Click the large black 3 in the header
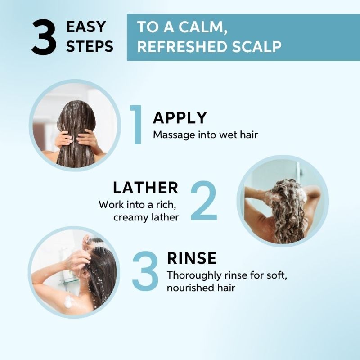(44, 37)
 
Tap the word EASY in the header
(86, 27)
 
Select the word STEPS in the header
(90, 46)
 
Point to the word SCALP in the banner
(256, 47)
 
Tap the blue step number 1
(136, 125)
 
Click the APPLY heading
(180, 118)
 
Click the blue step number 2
(204, 200)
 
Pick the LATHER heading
(145, 188)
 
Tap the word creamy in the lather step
(128, 217)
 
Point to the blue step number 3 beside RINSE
(145, 271)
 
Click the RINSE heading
(192, 258)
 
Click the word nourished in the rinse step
(189, 288)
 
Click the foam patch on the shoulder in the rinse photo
(68, 301)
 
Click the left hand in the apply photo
(63, 139)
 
